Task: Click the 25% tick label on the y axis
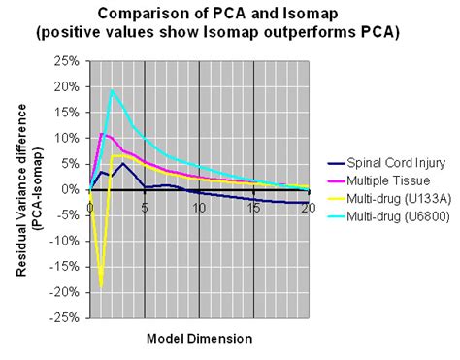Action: pos(68,61)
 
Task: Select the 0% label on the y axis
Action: pos(72,189)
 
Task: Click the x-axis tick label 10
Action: pos(200,206)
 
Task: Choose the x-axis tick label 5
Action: pos(145,206)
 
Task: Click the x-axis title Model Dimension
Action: pos(200,338)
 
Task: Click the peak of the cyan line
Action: pos(112,90)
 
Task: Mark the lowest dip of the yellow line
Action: pos(101,287)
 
